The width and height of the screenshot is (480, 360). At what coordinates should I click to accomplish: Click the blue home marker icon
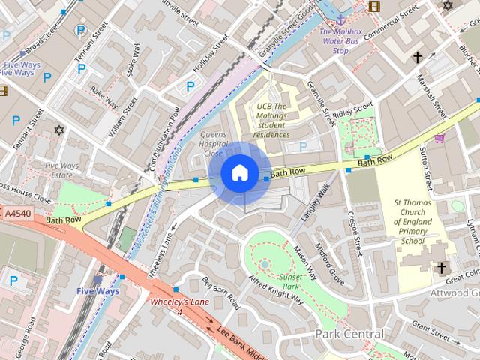[x=239, y=173]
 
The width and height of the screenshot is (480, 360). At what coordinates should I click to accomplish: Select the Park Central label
[x=349, y=333]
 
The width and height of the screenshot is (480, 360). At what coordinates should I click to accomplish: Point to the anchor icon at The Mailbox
[x=340, y=19]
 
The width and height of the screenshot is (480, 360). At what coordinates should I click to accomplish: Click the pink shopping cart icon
[x=439, y=137]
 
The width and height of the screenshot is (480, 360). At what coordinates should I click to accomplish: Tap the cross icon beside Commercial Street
[x=417, y=57]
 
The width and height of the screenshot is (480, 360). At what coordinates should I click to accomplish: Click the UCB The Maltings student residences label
[x=272, y=120]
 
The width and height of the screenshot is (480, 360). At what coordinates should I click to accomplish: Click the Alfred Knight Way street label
[x=276, y=289]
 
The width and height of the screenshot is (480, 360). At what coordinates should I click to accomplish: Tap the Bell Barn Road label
[x=221, y=292]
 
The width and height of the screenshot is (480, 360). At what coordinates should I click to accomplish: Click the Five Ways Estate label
[x=61, y=171]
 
